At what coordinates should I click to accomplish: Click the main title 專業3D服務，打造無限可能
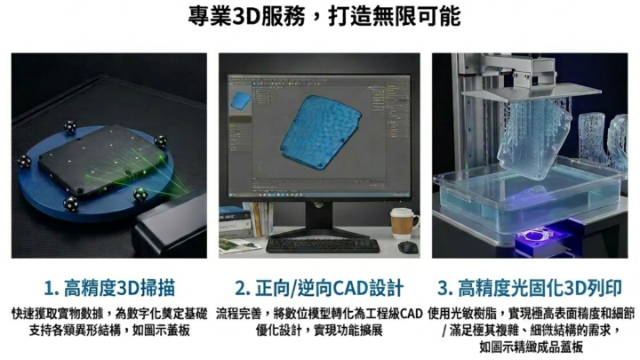coord(324,17)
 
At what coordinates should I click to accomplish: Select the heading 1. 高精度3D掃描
coord(109,288)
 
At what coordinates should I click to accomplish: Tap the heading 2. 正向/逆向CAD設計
coord(319,288)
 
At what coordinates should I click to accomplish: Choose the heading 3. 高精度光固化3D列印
coord(530,288)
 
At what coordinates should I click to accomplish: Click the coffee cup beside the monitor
coord(404,224)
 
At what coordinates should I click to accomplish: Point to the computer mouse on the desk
coord(407,247)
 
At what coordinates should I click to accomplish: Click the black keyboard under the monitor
coord(323,245)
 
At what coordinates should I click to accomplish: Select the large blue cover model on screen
coord(320,132)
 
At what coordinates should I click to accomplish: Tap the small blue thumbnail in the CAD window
coord(240,100)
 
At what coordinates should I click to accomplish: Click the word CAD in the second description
coord(411,314)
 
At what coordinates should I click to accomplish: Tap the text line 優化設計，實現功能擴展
coord(319,330)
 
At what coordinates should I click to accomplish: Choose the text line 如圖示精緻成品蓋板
coord(531,348)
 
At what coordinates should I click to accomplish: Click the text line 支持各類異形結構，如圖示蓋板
coord(109,330)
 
